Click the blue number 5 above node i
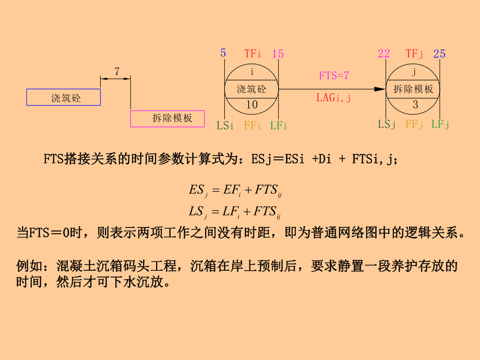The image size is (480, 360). (x=223, y=53)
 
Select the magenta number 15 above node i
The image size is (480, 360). (x=278, y=54)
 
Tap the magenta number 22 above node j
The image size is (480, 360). (x=384, y=54)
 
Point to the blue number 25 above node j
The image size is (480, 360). (x=439, y=54)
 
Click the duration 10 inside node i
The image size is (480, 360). (x=251, y=105)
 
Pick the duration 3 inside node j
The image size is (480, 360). (x=415, y=105)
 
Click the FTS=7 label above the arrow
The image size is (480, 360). (x=334, y=76)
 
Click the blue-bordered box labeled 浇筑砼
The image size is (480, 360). (x=64, y=98)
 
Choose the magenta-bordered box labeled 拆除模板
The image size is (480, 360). (x=167, y=118)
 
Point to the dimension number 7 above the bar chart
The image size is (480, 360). (x=116, y=71)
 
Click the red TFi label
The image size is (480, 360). (x=254, y=53)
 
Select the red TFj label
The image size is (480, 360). (x=415, y=53)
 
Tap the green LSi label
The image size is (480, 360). (x=225, y=125)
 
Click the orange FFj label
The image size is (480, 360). (x=414, y=124)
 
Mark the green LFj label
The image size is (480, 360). (x=440, y=124)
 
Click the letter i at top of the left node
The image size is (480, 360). (x=251, y=71)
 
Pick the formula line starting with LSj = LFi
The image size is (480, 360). (x=235, y=211)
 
